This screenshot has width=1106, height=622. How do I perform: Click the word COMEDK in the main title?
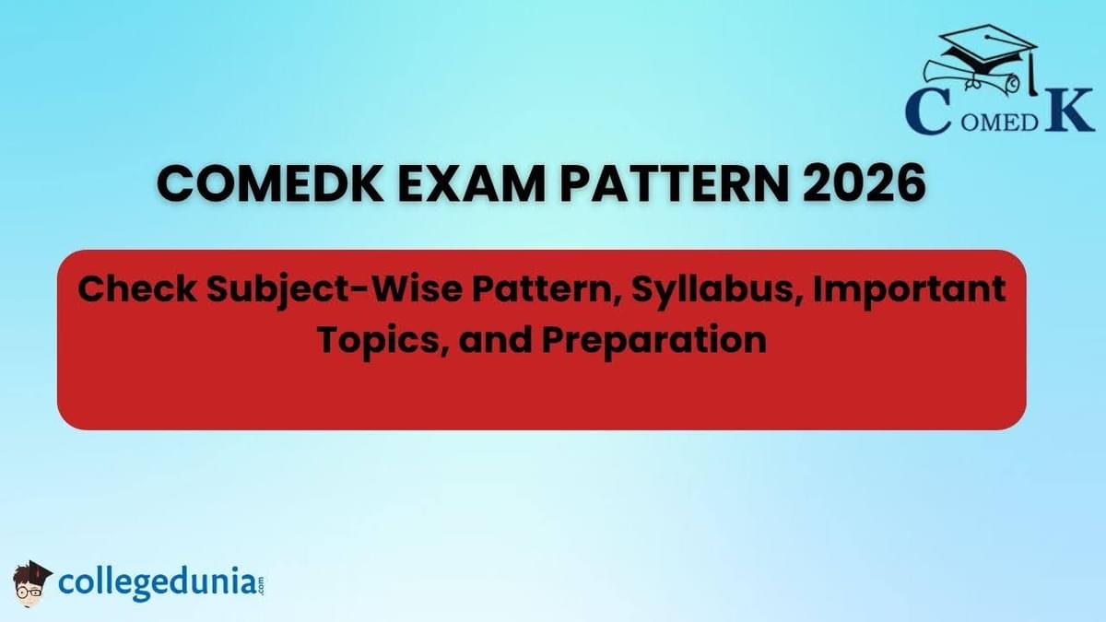[271, 184]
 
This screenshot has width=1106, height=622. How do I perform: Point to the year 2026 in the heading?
[865, 184]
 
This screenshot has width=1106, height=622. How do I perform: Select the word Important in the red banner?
[909, 292]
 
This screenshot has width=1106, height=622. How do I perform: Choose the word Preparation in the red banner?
[654, 341]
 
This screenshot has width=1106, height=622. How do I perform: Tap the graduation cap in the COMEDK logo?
[987, 48]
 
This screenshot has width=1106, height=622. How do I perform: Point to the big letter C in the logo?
[928, 111]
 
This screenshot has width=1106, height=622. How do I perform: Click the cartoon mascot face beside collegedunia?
[32, 584]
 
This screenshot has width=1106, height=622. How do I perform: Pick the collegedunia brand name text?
[157, 584]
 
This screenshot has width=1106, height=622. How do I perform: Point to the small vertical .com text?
[260, 585]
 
